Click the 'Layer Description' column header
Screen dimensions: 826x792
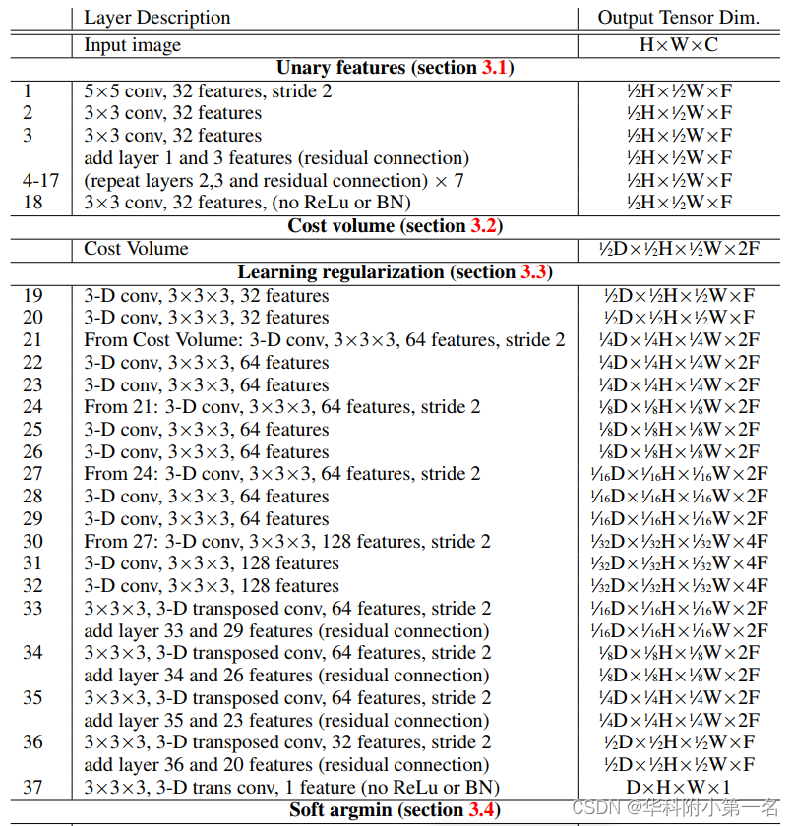[x=156, y=18]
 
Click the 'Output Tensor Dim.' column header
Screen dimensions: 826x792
[x=678, y=18]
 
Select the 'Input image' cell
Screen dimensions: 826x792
[x=133, y=45]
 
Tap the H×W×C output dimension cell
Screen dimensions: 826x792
[x=678, y=45]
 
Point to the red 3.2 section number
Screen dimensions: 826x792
[x=484, y=226]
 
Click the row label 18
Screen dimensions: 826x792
[x=33, y=203]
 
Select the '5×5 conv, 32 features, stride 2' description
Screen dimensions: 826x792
[x=208, y=91]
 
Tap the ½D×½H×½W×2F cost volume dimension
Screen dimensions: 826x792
[x=678, y=249]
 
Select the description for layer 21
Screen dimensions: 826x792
[x=325, y=340]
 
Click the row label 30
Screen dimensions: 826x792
[x=33, y=542]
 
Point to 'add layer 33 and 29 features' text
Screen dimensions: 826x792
[x=286, y=631]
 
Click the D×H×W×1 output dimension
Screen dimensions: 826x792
[x=678, y=787]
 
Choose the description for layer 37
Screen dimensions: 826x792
[x=291, y=787]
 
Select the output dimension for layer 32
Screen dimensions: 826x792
[x=678, y=586]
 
